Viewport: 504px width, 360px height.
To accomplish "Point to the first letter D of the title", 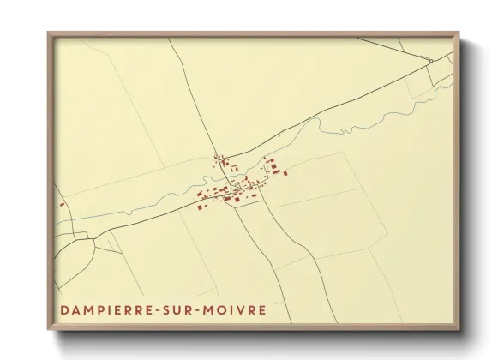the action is pyautogui.click(x=65, y=309).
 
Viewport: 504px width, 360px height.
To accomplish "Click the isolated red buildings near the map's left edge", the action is pyautogui.click(x=61, y=205).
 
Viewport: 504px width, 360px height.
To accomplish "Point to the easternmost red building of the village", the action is pyautogui.click(x=285, y=172).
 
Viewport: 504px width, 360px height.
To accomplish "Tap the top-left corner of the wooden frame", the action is pyautogui.click(x=48, y=33).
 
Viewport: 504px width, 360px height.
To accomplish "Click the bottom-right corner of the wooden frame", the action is pyautogui.click(x=460, y=329).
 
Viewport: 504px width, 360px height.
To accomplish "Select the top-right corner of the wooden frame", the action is pyautogui.click(x=460, y=33).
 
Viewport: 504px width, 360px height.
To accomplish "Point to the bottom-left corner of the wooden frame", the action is pyautogui.click(x=48, y=329).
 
